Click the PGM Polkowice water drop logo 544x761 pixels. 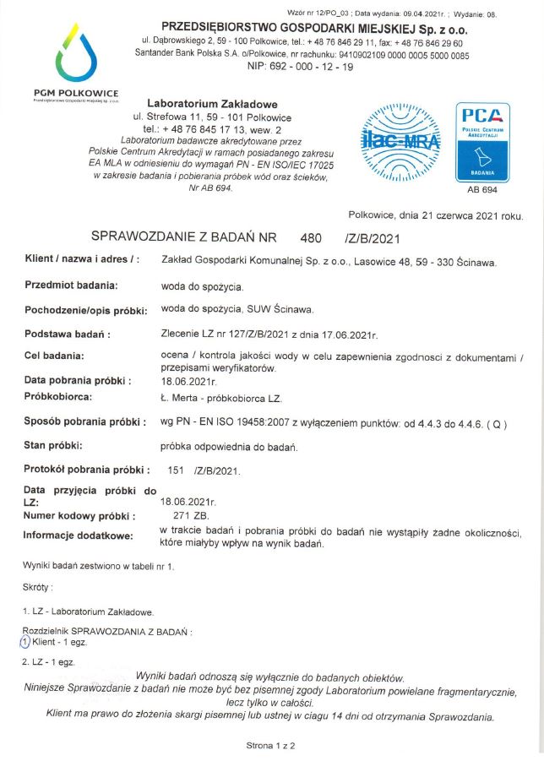coord(76,56)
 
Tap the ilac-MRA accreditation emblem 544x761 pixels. coord(394,137)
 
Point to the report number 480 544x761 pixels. coord(312,238)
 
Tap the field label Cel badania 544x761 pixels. coord(55,355)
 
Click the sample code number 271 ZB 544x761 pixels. coord(184,514)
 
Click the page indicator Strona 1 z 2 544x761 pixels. coord(270,746)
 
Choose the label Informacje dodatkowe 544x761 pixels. coord(78,535)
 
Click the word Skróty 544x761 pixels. coord(38,586)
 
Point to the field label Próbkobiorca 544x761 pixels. coord(57,396)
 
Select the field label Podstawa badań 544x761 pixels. coord(67,334)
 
